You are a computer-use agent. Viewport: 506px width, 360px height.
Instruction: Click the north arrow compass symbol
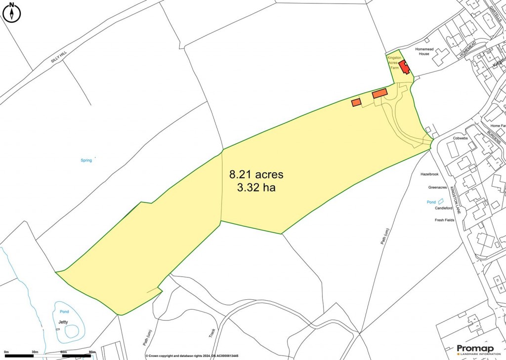click(x=12, y=13)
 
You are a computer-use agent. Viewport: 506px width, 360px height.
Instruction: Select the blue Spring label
click(x=86, y=160)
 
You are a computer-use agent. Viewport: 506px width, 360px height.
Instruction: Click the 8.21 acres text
click(x=256, y=174)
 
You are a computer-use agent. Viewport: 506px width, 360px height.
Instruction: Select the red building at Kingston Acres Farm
click(x=405, y=67)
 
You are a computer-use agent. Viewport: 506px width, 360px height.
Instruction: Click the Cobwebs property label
click(x=461, y=138)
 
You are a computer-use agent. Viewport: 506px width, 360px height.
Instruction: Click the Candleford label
click(x=443, y=208)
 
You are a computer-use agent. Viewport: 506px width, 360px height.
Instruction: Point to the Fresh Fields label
click(x=444, y=220)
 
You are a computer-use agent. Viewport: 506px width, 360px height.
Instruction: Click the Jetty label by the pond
click(x=63, y=322)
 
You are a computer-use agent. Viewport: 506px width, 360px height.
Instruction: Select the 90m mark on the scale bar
click(x=91, y=352)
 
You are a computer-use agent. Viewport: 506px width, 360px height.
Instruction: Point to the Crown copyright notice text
click(x=192, y=356)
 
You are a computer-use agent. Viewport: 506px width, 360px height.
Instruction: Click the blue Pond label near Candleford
click(x=431, y=202)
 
